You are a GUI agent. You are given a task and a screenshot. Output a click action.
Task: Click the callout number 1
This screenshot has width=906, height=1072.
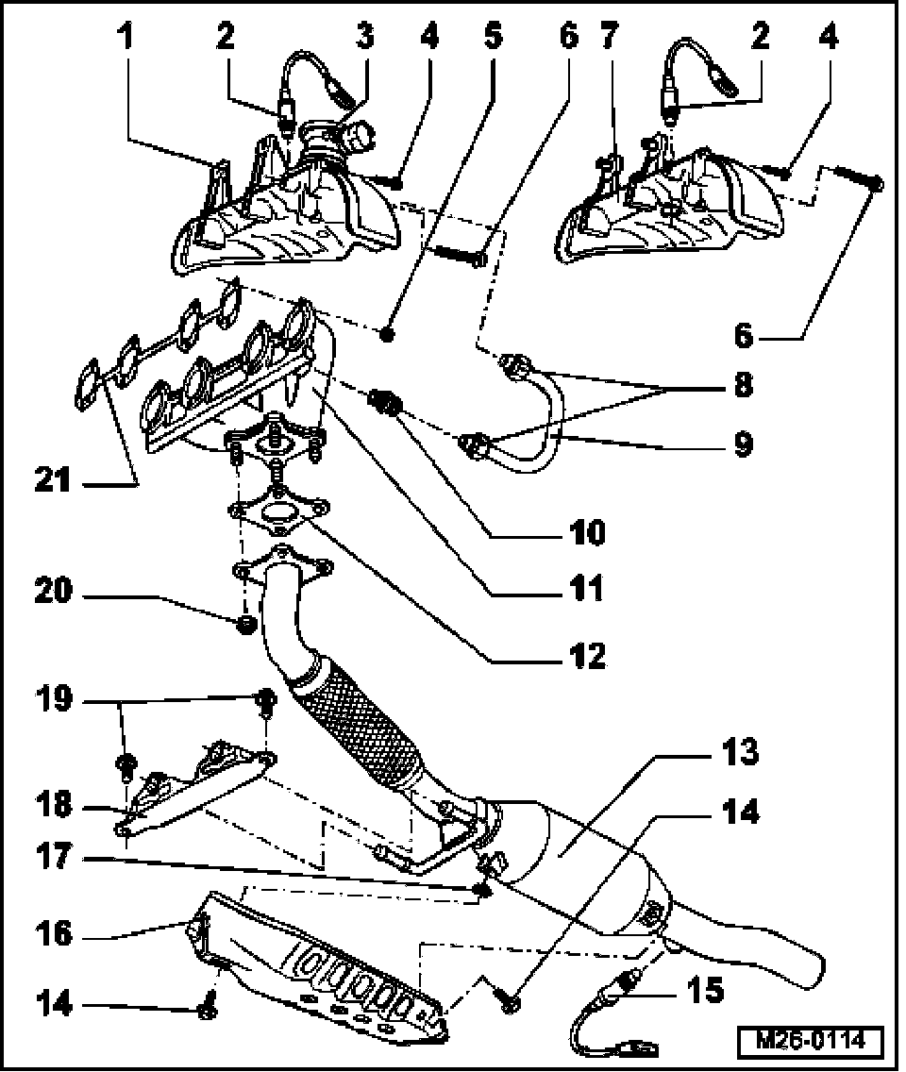click(x=126, y=37)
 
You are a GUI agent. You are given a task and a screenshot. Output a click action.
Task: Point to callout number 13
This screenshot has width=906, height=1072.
click(x=739, y=752)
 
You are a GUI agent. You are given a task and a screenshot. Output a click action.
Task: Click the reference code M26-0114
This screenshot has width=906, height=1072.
click(x=811, y=1041)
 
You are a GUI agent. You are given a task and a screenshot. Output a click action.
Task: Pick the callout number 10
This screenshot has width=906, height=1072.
click(x=586, y=533)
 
